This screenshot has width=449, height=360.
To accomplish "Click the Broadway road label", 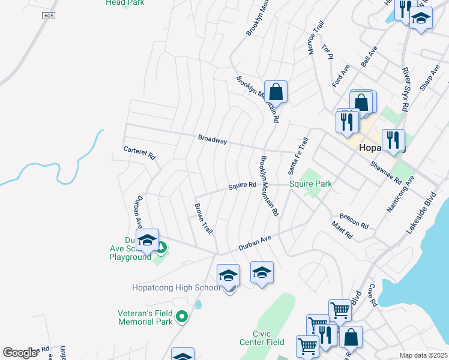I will (212, 140).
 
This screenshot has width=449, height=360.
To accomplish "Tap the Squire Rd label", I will (243, 187).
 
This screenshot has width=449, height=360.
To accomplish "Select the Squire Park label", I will (311, 184).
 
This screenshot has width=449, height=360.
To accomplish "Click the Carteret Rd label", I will (139, 153).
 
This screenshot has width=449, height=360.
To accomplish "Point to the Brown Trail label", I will (203, 218).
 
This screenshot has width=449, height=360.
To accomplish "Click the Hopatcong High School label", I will (176, 287).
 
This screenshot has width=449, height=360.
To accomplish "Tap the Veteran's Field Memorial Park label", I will (145, 317).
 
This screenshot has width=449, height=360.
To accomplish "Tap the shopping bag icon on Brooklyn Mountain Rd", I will (276, 92).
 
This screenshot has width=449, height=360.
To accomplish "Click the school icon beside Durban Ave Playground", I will (147, 241).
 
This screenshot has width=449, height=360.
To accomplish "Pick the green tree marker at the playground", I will (161, 246).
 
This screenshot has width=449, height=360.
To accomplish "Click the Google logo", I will (20, 353).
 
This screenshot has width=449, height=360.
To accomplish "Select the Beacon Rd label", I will (354, 220).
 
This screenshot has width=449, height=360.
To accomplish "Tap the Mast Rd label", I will (342, 230).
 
